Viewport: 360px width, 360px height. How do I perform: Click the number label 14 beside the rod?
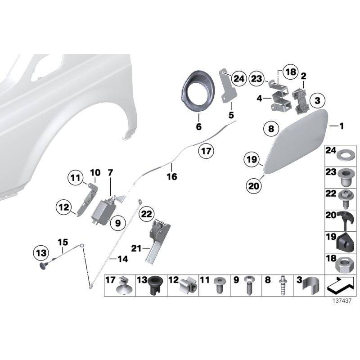click(122, 259)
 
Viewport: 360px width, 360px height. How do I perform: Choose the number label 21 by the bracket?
click(136, 247)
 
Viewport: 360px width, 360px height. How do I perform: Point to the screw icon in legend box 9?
click(249, 285)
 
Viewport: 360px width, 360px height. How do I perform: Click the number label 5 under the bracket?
click(231, 116)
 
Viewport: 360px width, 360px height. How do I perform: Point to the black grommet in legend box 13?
click(156, 285)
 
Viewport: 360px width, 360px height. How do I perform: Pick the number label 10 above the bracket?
click(95, 172)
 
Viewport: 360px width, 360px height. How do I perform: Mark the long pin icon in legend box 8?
click(282, 285)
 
